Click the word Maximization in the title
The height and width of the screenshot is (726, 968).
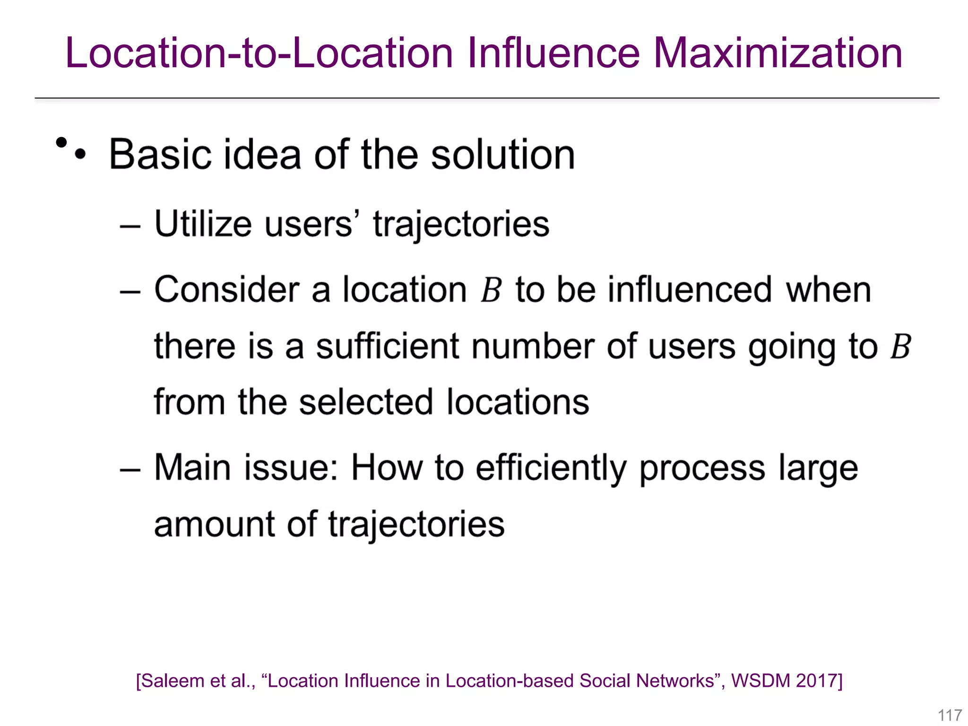(778, 53)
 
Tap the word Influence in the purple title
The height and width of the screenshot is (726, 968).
(553, 53)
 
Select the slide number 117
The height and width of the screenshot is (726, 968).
(950, 715)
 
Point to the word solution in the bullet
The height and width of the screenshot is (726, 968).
(503, 155)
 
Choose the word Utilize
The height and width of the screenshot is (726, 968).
(203, 223)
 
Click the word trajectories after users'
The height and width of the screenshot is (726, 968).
(461, 224)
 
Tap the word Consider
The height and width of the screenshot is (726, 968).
(227, 289)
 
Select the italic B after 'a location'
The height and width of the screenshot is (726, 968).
(491, 290)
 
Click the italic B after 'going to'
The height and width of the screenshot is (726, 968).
(901, 346)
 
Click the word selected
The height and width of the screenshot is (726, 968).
(366, 402)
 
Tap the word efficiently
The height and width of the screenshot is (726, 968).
(551, 468)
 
